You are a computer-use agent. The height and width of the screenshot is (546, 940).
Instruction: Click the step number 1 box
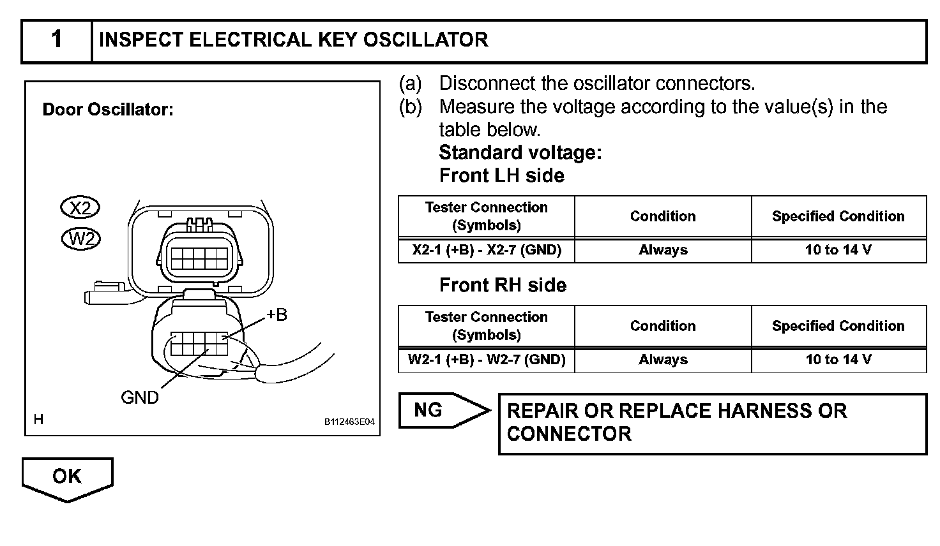(x=57, y=40)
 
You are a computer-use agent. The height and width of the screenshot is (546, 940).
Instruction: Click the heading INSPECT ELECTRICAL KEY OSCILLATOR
(x=294, y=40)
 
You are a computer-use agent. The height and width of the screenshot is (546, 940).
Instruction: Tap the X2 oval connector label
(x=80, y=208)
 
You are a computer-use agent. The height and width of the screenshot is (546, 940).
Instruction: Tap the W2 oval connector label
(x=81, y=239)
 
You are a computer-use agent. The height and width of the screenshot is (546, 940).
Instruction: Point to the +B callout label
(x=277, y=314)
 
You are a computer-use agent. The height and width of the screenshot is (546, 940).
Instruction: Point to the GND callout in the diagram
(x=140, y=397)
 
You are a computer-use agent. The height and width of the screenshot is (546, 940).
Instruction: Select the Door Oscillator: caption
(x=108, y=110)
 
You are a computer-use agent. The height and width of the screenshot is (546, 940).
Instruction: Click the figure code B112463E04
(x=349, y=422)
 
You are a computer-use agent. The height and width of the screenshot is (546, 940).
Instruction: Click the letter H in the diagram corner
(x=38, y=419)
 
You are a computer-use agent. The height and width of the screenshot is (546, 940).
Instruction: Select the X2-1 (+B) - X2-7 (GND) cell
(x=487, y=250)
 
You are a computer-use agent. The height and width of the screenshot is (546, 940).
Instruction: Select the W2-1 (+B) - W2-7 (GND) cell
(x=487, y=360)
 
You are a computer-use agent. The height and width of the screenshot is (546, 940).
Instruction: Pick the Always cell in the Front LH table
(x=663, y=250)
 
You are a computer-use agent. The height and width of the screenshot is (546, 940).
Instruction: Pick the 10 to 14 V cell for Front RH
(x=838, y=360)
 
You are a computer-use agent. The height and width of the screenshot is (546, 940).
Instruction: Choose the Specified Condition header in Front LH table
(x=838, y=216)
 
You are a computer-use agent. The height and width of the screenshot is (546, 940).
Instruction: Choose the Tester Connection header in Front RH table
(x=487, y=326)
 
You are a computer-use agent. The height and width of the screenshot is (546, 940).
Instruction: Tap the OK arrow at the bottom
(x=67, y=477)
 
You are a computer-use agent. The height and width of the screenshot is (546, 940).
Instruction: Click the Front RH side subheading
(x=503, y=285)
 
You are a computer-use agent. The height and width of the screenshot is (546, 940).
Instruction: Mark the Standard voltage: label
(x=520, y=152)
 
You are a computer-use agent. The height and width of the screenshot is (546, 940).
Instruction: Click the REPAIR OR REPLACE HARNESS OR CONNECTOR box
(x=712, y=423)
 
